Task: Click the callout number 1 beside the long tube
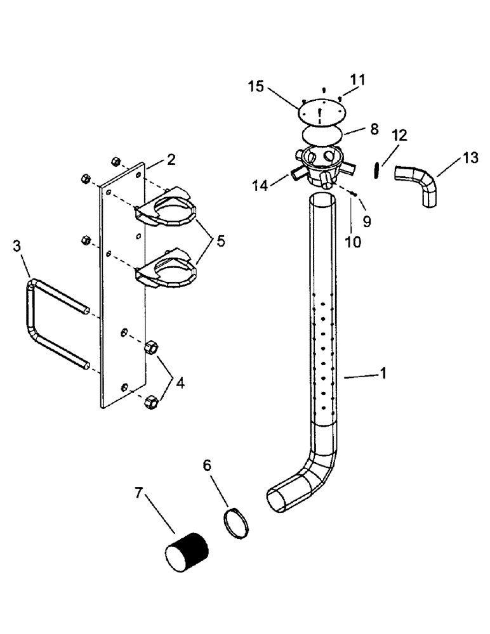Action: coord(382,375)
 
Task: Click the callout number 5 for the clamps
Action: coord(220,241)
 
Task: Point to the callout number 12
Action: coord(401,136)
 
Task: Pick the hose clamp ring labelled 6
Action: coord(236,521)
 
